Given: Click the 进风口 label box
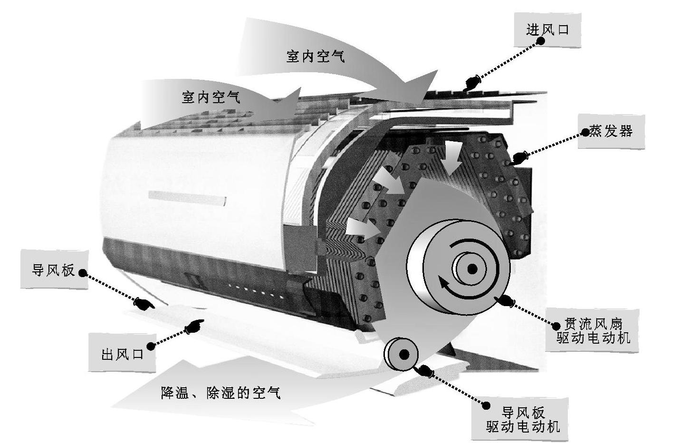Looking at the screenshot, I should [547, 30].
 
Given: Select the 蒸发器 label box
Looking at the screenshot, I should [611, 131].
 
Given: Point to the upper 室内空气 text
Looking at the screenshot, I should [315, 57].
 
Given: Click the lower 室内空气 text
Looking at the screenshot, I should [211, 97].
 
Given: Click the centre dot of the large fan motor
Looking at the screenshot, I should [472, 269].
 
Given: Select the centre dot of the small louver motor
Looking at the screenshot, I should [404, 354].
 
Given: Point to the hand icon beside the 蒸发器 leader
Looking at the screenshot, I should [519, 156].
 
